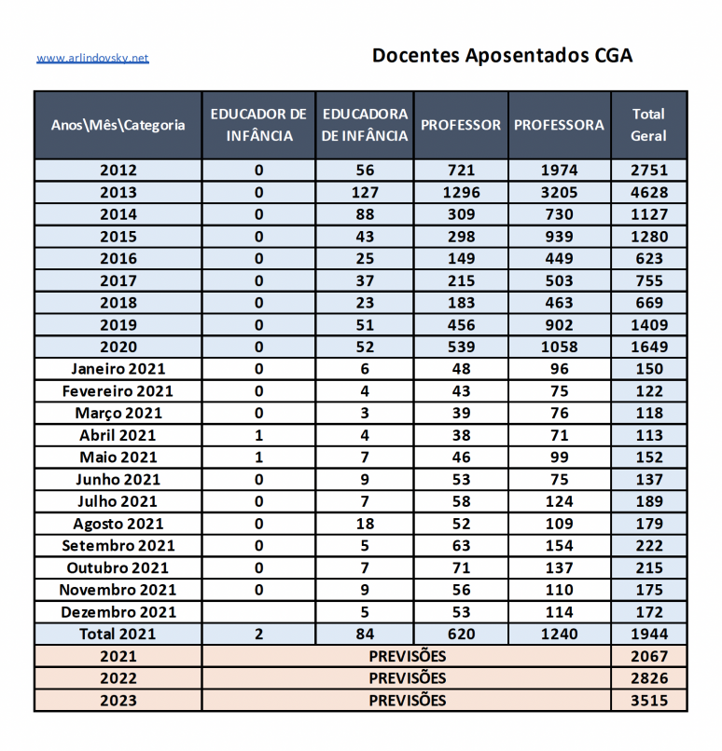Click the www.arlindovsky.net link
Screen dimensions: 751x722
[x=92, y=58]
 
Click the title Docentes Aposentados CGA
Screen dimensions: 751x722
[x=502, y=55]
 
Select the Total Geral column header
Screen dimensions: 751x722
[x=648, y=125]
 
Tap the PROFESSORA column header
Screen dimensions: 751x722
[x=559, y=125]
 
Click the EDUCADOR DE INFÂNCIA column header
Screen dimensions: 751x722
[x=258, y=125]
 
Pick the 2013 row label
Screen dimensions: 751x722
[x=118, y=193]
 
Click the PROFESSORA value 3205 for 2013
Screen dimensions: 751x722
[x=559, y=193]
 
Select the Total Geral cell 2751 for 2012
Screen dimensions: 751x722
[x=648, y=171]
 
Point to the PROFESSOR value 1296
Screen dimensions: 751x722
[x=461, y=193]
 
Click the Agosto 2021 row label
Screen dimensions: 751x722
[x=118, y=524]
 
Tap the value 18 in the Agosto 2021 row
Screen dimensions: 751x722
[x=365, y=524]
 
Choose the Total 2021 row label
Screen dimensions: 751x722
[x=118, y=635]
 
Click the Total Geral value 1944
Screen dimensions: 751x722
[x=648, y=635]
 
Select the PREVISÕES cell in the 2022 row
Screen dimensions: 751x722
[x=407, y=678]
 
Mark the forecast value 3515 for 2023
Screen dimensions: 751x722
[x=648, y=701]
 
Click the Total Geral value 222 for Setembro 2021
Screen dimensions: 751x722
[x=648, y=546]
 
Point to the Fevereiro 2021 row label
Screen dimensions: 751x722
[x=118, y=391]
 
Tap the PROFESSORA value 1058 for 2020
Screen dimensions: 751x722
[x=559, y=347]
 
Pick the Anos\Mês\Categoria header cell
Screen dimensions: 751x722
[x=118, y=125]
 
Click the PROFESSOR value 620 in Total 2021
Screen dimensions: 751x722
[x=461, y=635]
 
